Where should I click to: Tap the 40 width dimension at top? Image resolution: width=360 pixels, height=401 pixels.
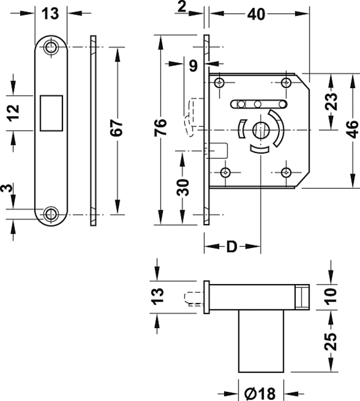click(257, 14)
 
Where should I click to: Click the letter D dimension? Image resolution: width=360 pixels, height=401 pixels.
click(231, 247)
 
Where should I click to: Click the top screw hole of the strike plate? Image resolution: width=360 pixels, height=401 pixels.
click(53, 46)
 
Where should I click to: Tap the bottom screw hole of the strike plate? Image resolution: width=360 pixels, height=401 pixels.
click(53, 214)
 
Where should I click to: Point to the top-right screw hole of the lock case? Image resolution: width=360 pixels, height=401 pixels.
click(285, 82)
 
